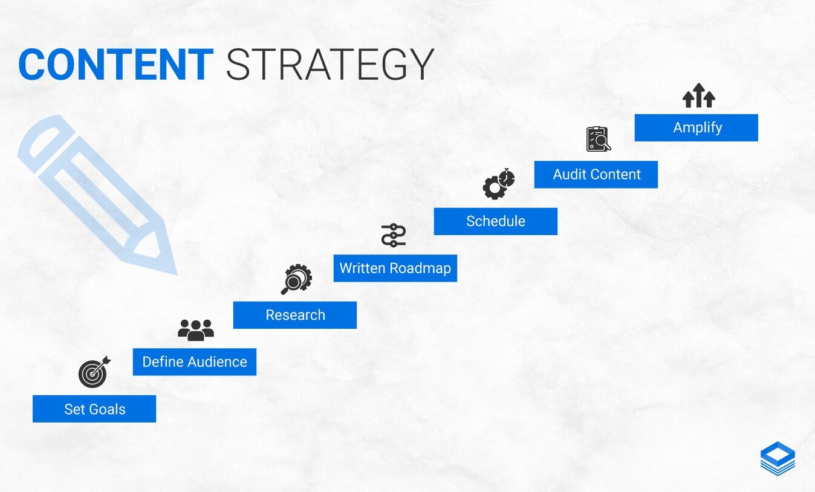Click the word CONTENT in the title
pyautogui.click(x=115, y=64)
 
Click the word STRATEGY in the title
pyautogui.click(x=330, y=64)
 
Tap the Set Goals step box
pyautogui.click(x=94, y=409)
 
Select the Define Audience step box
pyautogui.click(x=195, y=362)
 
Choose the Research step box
pyautogui.click(x=295, y=315)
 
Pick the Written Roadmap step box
pyautogui.click(x=395, y=268)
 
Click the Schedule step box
pyautogui.click(x=496, y=221)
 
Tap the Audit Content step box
pyautogui.click(x=596, y=175)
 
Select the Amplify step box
pyautogui.click(x=696, y=128)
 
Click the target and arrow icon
pyautogui.click(x=94, y=372)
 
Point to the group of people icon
pyautogui.click(x=196, y=330)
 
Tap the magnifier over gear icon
pyautogui.click(x=296, y=279)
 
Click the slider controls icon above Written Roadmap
pyautogui.click(x=394, y=235)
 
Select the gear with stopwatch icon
pyautogui.click(x=498, y=184)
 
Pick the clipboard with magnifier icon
pyautogui.click(x=599, y=139)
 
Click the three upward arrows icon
pyautogui.click(x=698, y=95)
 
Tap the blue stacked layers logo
pyautogui.click(x=778, y=458)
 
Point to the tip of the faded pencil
pyautogui.click(x=175, y=273)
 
